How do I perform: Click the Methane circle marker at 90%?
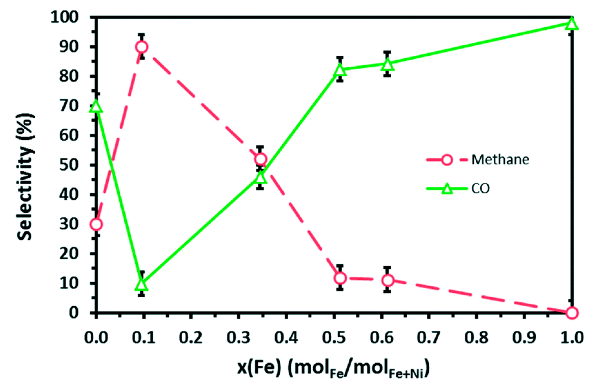(x=142, y=47)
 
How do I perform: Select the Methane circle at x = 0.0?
(x=96, y=224)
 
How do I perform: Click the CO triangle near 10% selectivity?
(x=142, y=285)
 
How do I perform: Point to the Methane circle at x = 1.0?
(x=572, y=313)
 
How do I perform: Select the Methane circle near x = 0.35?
(x=260, y=159)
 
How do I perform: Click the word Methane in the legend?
(x=500, y=160)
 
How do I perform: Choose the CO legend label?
(x=480, y=188)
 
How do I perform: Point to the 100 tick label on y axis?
(x=65, y=17)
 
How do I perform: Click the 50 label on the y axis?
(x=69, y=165)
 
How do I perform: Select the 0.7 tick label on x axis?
(x=428, y=338)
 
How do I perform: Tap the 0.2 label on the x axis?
(x=191, y=338)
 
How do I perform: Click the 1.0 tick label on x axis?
(x=572, y=338)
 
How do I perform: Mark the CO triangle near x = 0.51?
(x=340, y=70)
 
